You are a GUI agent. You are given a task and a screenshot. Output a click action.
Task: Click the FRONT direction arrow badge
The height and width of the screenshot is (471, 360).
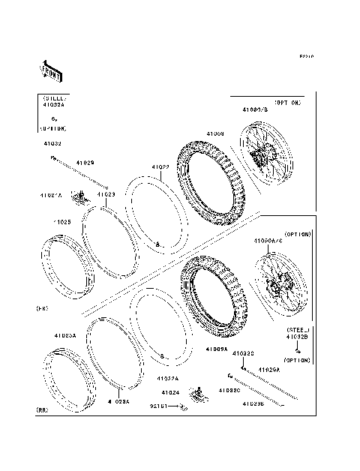point(50,69)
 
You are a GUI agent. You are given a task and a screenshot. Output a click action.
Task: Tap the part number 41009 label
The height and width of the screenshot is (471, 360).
point(215,134)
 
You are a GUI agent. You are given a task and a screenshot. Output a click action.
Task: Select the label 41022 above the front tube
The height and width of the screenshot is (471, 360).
point(160,167)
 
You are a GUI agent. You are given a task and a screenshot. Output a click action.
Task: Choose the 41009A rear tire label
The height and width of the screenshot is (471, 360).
point(217,349)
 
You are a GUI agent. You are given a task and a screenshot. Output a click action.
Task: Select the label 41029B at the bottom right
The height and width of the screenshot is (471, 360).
point(252,404)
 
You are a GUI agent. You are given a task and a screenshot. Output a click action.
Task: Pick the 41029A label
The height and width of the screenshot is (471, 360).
point(269,370)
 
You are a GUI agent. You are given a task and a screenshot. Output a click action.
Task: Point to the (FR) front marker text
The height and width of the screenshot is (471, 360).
point(43,308)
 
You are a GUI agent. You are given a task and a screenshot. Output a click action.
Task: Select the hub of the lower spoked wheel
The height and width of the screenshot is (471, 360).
point(277,286)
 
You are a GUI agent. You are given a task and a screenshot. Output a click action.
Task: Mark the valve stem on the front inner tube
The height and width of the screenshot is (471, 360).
point(157,244)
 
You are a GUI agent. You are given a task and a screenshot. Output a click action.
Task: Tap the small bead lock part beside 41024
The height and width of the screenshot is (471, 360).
point(199,391)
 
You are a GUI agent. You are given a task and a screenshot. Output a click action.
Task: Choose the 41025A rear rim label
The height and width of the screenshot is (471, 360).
point(64,336)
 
